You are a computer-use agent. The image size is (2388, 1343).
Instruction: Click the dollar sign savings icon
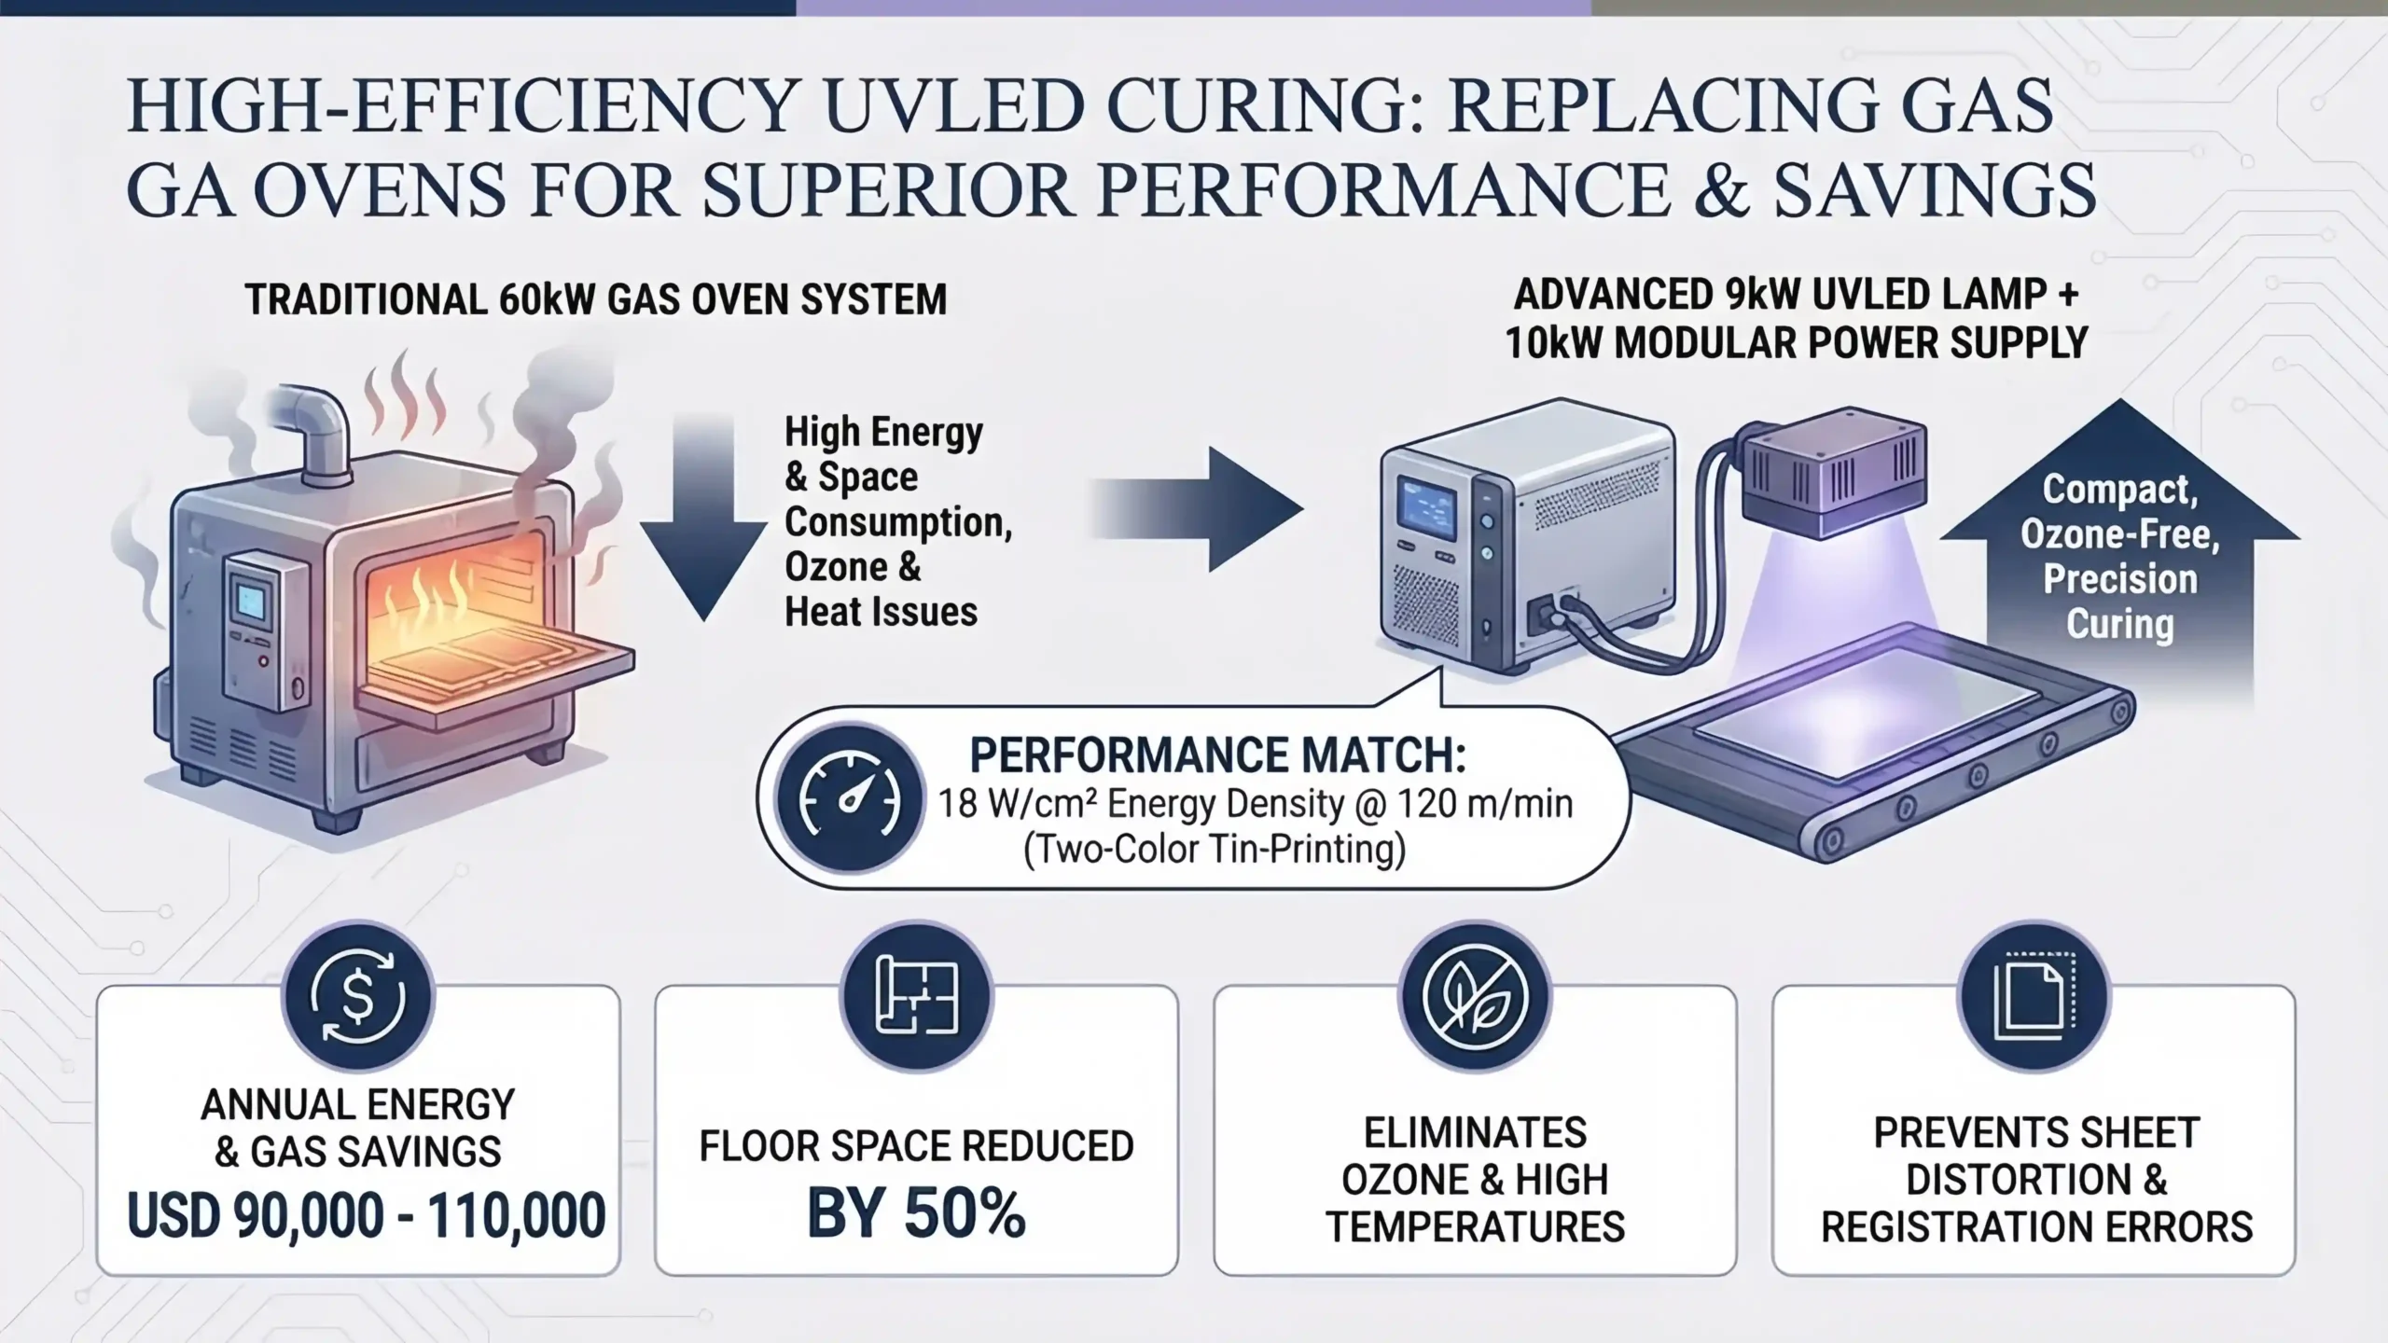pyautogui.click(x=358, y=997)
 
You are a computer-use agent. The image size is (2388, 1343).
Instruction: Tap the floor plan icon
pyautogui.click(x=917, y=997)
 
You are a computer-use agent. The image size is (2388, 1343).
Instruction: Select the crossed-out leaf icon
pyautogui.click(x=1475, y=997)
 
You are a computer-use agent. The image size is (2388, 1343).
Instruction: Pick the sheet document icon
pyautogui.click(x=2034, y=997)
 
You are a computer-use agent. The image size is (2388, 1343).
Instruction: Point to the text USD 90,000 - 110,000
pyautogui.click(x=367, y=1216)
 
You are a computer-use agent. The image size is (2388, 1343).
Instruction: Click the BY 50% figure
pyautogui.click(x=916, y=1213)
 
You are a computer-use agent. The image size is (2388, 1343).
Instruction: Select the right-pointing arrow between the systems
pyautogui.click(x=1197, y=509)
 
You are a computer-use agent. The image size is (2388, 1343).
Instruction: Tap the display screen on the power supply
pyautogui.click(x=1428, y=514)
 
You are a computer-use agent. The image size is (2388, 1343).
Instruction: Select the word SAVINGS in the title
pyautogui.click(x=1936, y=191)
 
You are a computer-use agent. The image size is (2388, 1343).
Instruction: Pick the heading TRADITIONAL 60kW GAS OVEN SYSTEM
pyautogui.click(x=596, y=300)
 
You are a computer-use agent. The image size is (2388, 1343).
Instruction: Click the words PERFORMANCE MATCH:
pyautogui.click(x=1218, y=755)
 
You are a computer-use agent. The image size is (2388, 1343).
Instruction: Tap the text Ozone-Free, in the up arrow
pyautogui.click(x=2120, y=535)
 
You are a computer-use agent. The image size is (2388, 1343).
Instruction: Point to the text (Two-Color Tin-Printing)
pyautogui.click(x=1215, y=850)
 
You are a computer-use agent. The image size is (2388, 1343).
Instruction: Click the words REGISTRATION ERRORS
pyautogui.click(x=2037, y=1227)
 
